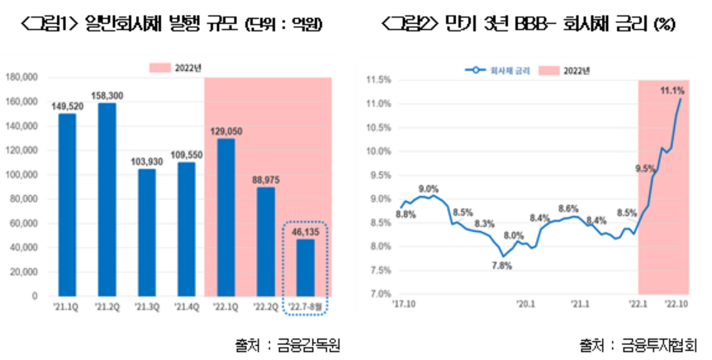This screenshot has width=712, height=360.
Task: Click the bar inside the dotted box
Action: (305, 267)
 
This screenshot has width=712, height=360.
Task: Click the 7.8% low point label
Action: (503, 265)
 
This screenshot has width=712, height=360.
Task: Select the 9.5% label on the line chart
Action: (644, 168)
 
